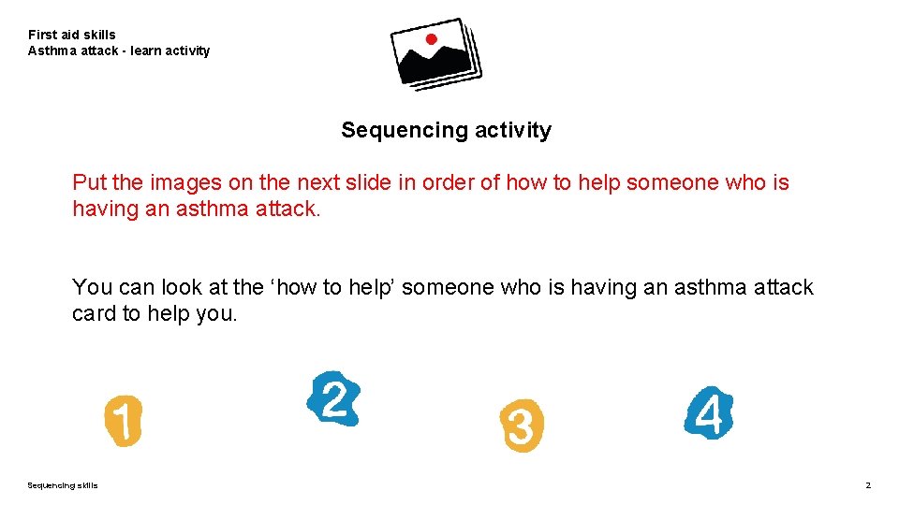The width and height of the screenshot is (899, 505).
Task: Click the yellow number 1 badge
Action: (x=123, y=420)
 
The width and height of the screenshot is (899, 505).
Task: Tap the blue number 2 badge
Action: (x=333, y=399)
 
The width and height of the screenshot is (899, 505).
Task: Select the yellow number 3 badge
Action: (x=521, y=426)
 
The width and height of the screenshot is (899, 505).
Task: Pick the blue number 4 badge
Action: (x=709, y=412)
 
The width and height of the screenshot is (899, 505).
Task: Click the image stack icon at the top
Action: (x=435, y=53)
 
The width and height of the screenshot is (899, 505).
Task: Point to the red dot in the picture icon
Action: (x=431, y=39)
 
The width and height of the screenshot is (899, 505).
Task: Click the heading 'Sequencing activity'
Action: (x=446, y=130)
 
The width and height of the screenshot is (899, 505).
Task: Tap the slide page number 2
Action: (x=868, y=485)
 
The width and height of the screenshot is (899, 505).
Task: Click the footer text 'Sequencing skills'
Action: (x=62, y=485)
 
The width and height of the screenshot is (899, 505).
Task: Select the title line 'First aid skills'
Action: (x=72, y=35)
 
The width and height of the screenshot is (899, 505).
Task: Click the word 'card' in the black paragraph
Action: (x=94, y=313)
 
